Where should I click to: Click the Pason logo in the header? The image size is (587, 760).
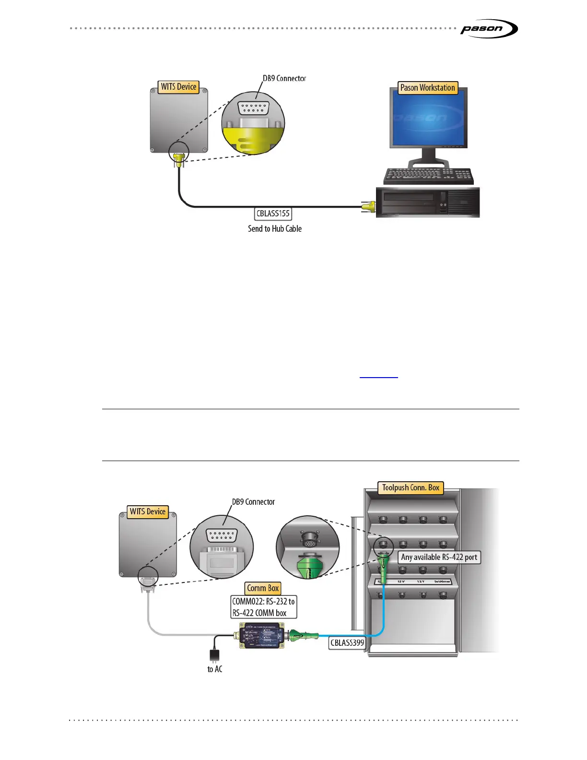488,29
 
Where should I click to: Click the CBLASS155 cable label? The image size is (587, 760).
273,214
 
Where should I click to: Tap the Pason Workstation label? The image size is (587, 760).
428,88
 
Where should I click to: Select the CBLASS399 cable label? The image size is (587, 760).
347,642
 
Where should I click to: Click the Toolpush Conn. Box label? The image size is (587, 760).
411,488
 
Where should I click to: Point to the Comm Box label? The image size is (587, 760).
263,588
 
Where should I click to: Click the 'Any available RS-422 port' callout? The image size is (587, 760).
439,557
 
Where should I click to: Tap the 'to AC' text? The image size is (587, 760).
215,669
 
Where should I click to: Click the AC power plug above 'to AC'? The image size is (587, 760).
214,655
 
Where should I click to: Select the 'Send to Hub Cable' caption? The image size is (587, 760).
275,229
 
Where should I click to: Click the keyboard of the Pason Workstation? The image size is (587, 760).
429,176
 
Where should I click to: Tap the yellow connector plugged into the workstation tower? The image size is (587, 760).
368,207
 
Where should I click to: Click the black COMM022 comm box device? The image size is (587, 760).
262,636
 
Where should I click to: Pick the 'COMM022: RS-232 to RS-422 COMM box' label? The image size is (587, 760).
263,607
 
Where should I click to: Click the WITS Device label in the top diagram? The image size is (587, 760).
178,87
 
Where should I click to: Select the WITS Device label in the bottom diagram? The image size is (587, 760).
148,511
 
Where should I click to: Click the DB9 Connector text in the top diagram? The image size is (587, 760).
284,78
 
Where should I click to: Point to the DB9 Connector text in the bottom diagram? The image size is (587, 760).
253,502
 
